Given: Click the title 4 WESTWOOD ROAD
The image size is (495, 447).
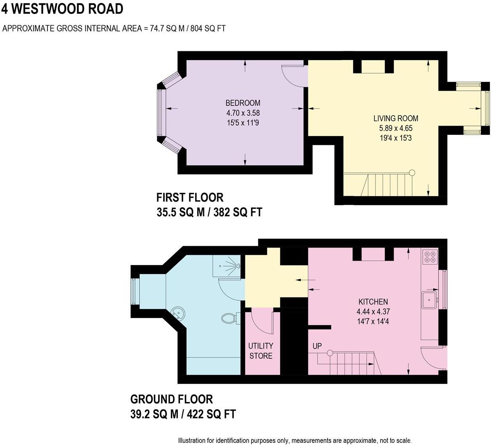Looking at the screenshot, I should point(63,9).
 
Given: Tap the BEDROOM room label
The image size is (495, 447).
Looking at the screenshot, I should point(243,103).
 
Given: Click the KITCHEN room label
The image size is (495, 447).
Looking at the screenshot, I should point(373,302).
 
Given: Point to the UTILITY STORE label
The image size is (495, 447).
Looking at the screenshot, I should point(261,351).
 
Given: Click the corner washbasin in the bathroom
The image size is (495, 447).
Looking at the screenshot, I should point(178,313).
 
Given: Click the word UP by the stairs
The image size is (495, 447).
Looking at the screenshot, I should point(317,347).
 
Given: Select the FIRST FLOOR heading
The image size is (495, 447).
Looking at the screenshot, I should point(190,197).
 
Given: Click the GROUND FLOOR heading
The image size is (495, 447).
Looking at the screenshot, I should point(172,399).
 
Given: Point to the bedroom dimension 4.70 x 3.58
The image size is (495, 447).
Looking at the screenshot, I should point(243,113).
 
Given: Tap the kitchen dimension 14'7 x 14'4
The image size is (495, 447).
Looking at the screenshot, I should point(373,322).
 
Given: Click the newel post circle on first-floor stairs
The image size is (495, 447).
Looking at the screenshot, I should point(412,172).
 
